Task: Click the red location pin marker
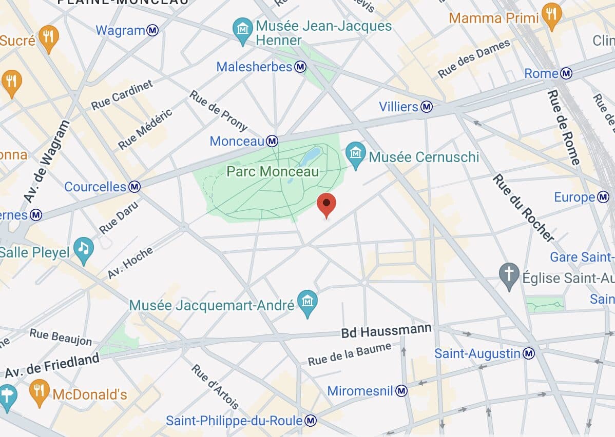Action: [326, 205]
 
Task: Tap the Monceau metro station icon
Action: [272, 141]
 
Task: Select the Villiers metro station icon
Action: [427, 107]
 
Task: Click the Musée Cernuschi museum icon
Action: [355, 152]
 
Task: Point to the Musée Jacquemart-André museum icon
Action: [307, 302]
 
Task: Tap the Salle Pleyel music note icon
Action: [83, 249]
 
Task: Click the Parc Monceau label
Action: [273, 172]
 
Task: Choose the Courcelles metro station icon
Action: [134, 187]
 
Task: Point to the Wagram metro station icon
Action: [152, 30]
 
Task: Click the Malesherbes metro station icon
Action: [300, 67]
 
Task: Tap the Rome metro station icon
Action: [566, 74]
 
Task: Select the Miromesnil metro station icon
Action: [402, 391]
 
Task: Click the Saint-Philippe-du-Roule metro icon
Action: [311, 421]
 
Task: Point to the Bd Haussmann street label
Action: [387, 332]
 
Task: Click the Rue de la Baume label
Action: [349, 354]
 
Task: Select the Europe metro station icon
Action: [603, 197]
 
